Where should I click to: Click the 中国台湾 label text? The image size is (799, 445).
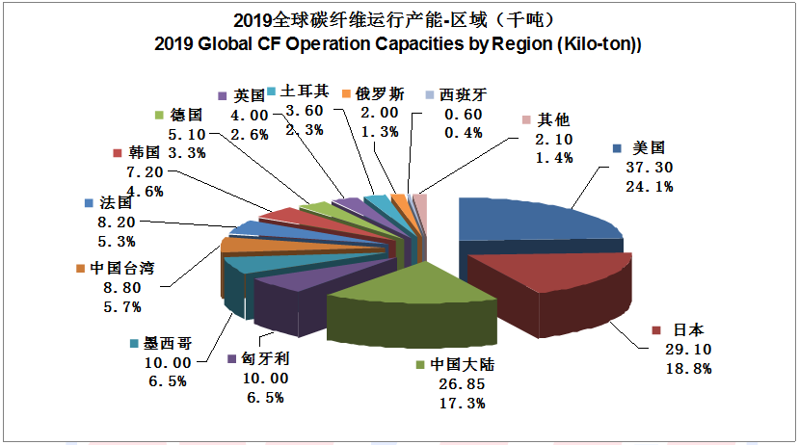click(x=121, y=268)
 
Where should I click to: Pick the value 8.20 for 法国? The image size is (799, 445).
click(x=118, y=222)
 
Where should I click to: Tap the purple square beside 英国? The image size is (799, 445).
click(x=223, y=95)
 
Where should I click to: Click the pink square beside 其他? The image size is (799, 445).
click(x=525, y=119)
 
